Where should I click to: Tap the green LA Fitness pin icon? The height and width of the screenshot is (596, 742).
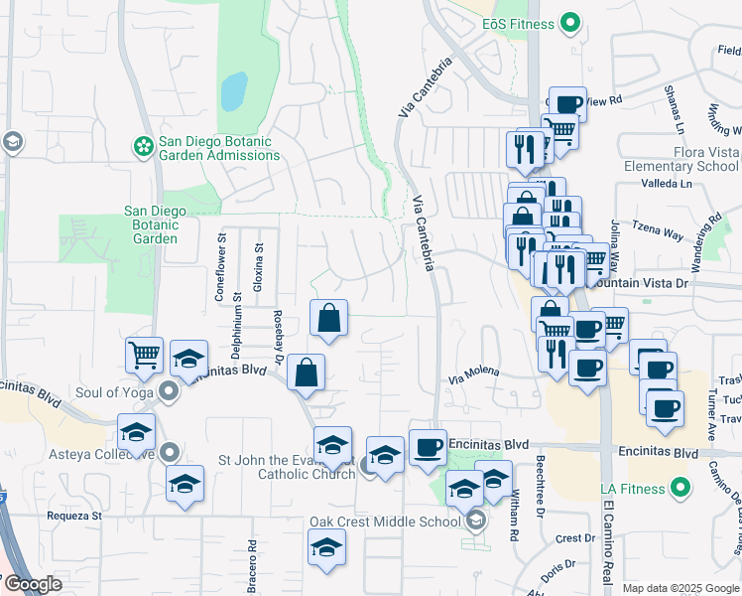680,487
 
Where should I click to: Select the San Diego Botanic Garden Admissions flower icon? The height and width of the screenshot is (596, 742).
144,147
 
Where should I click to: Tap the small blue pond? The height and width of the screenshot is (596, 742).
233,91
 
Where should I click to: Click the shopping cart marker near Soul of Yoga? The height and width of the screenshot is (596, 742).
145,355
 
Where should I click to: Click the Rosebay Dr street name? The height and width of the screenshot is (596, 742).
279,333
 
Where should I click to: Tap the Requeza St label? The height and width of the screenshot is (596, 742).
74,516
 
